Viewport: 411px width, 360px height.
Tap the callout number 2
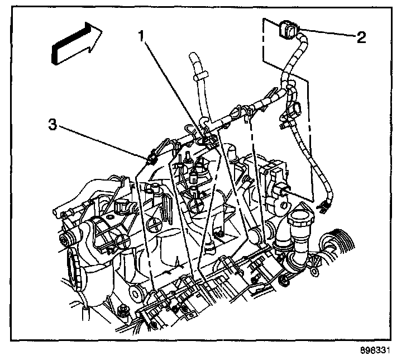coord(361,37)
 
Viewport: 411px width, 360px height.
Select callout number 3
coord(52,126)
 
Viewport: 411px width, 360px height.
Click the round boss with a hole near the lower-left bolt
coord(133,293)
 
